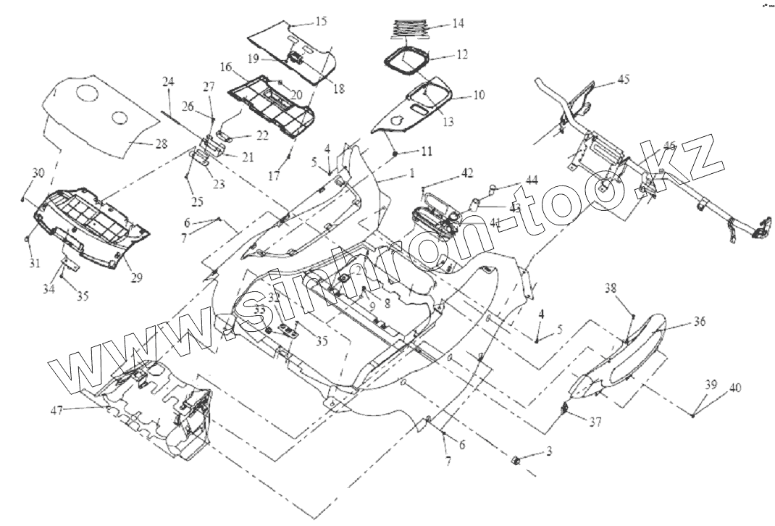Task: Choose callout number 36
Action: click(x=700, y=322)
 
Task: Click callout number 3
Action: click(x=549, y=451)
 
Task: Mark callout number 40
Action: click(x=734, y=388)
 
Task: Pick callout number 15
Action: click(x=321, y=22)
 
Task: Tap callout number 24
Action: click(x=168, y=83)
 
